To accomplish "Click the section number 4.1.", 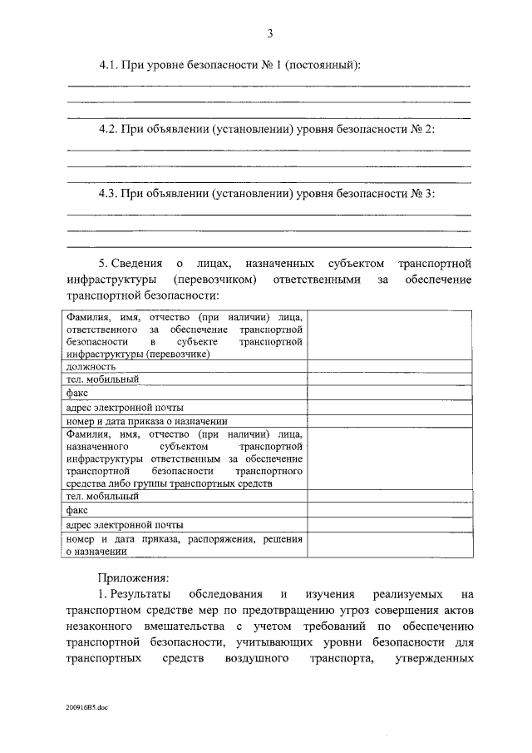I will pos(109,65).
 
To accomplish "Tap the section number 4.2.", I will pos(109,129).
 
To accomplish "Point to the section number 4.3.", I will pos(109,193).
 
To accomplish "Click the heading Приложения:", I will pos(133,577).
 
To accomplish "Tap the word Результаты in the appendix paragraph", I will pos(142,595).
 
